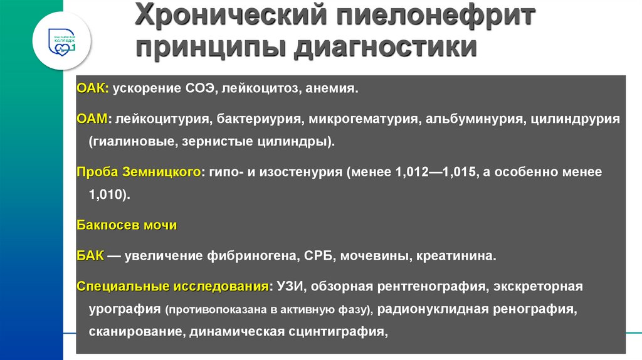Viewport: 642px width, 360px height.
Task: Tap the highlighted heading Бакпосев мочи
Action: tap(127, 226)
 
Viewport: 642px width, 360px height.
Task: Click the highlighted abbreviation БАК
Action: tap(90, 256)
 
